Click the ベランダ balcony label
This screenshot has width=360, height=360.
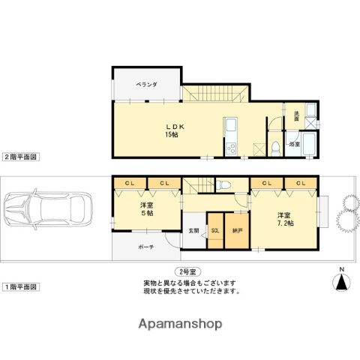tap(147, 85)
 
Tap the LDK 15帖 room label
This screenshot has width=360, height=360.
tap(172, 130)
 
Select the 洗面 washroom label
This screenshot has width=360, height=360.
tap(296, 116)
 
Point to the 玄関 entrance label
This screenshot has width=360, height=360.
tap(193, 231)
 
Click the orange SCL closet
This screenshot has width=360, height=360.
tap(216, 230)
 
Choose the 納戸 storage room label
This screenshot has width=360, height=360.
tap(238, 231)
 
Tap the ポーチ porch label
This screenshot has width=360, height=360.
tap(145, 246)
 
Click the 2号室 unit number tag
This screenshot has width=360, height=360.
tap(188, 271)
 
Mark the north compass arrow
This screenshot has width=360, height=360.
tap(342, 280)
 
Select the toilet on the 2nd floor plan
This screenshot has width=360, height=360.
tap(276, 145)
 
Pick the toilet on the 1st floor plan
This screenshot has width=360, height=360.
tap(224, 183)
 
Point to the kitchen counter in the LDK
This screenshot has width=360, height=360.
tap(230, 135)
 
